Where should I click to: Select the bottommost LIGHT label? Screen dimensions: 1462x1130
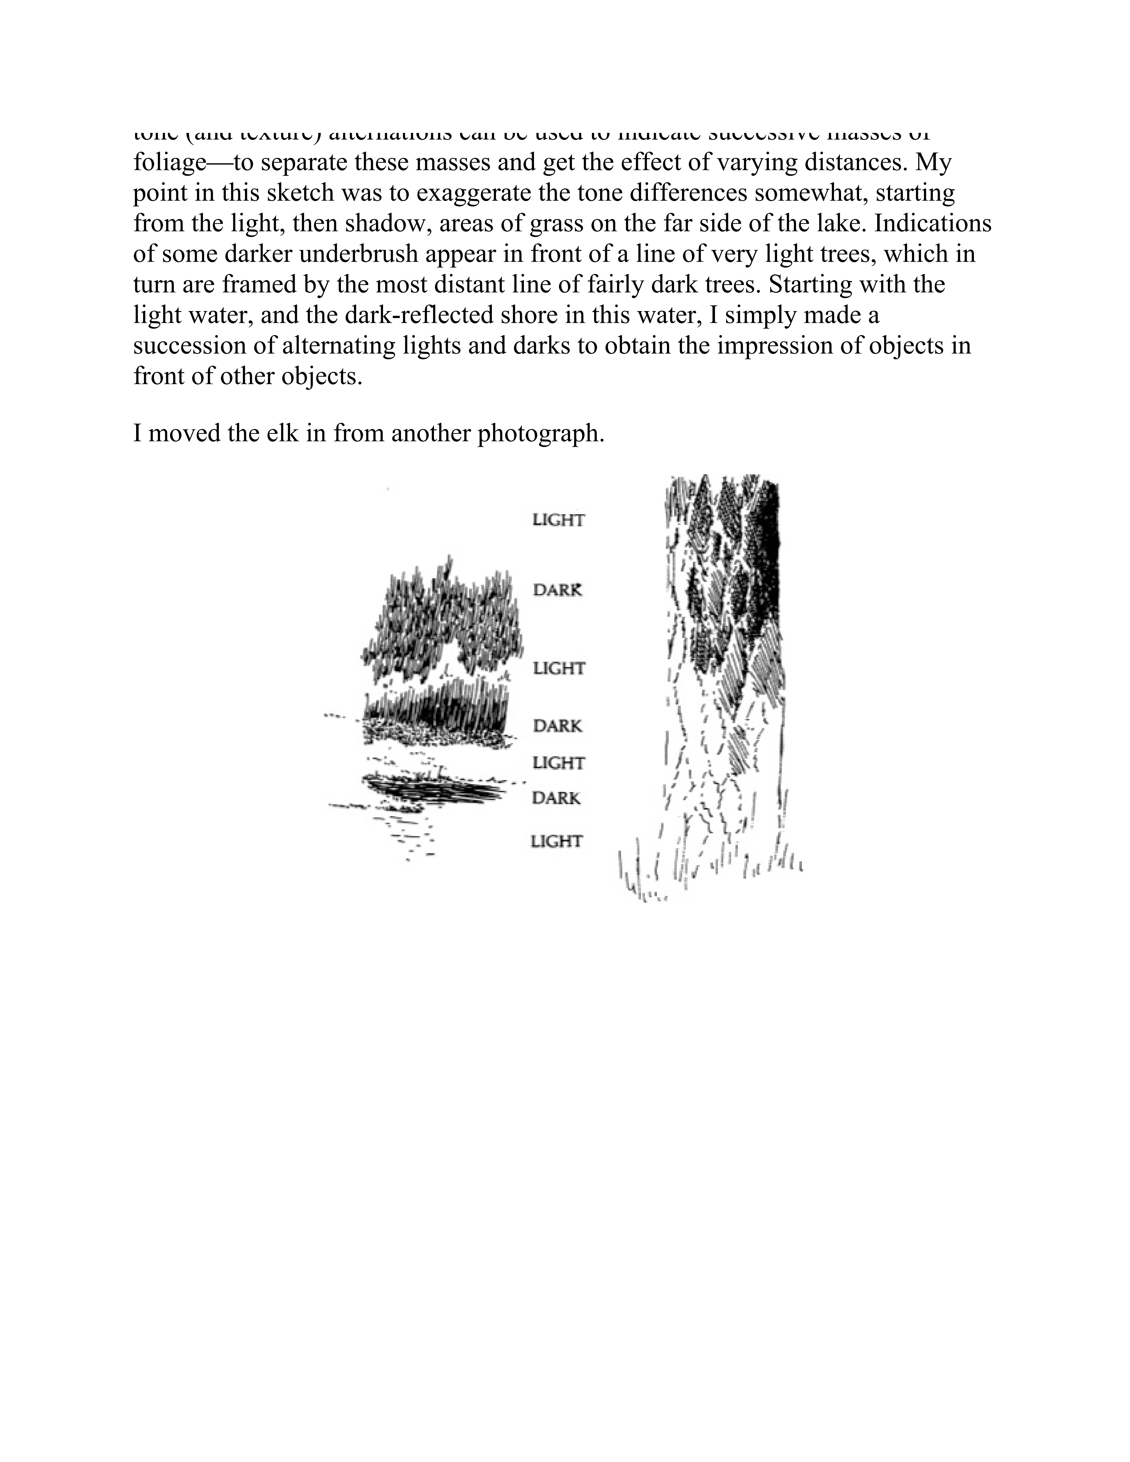tap(556, 841)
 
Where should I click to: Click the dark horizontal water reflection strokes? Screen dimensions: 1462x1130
tap(435, 790)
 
